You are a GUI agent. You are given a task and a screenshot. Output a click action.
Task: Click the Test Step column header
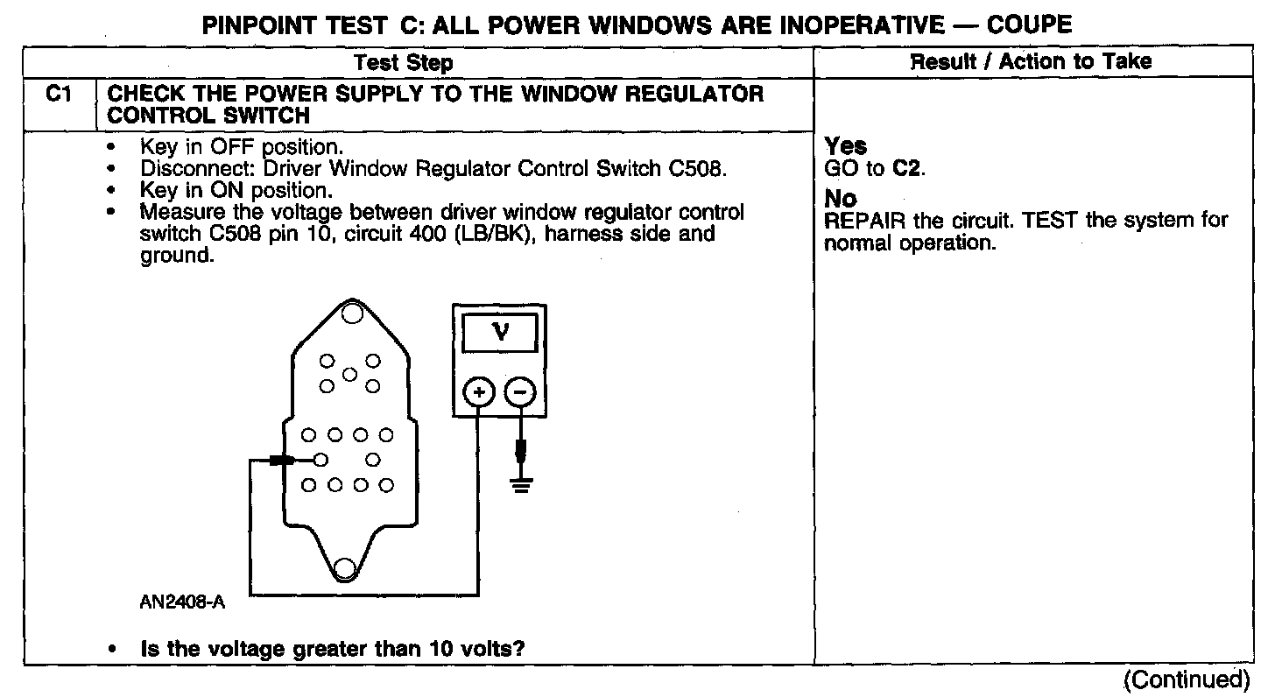[x=404, y=62]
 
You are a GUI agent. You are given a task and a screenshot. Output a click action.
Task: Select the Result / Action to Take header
[x=1031, y=61]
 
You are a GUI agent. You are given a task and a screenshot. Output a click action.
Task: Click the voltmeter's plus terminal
[x=478, y=394]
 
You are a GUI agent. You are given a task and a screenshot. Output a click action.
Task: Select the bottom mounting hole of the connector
[x=344, y=568]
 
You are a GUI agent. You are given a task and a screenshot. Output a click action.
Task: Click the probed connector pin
[x=321, y=460]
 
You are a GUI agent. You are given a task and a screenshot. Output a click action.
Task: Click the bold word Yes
[x=846, y=147]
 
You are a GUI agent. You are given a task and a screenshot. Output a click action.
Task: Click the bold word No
[x=841, y=199]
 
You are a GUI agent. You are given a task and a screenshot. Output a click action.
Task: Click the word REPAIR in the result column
[x=862, y=220]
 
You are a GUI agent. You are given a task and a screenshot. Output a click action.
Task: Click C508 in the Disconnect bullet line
[x=696, y=169]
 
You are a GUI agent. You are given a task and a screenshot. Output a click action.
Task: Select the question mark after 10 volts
[x=532, y=650]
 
